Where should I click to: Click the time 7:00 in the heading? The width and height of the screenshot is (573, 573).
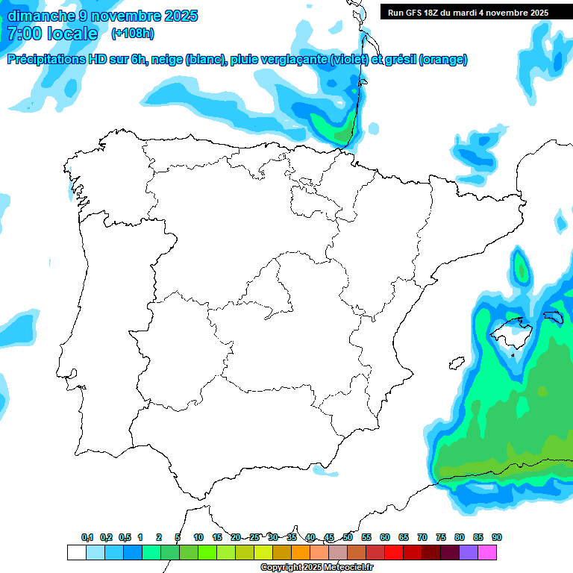pyautogui.click(x=24, y=34)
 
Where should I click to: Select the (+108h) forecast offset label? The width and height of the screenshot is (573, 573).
pyautogui.click(x=133, y=34)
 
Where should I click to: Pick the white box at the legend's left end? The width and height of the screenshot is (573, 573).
pyautogui.click(x=76, y=553)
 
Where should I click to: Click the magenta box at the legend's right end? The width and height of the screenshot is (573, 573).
pyautogui.click(x=487, y=553)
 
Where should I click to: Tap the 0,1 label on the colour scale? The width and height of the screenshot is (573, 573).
pyautogui.click(x=87, y=537)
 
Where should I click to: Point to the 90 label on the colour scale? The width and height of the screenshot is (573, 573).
pyautogui.click(x=497, y=537)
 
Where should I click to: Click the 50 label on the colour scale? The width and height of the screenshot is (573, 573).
pyautogui.click(x=348, y=537)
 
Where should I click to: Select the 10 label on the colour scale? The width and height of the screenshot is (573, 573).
pyautogui.click(x=198, y=537)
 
